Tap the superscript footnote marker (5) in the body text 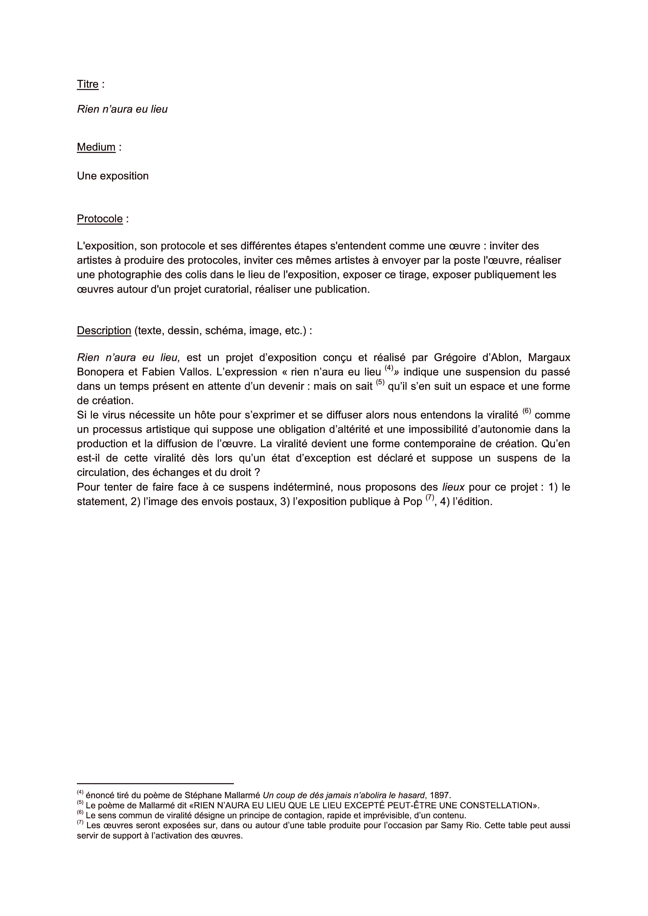tap(380, 384)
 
